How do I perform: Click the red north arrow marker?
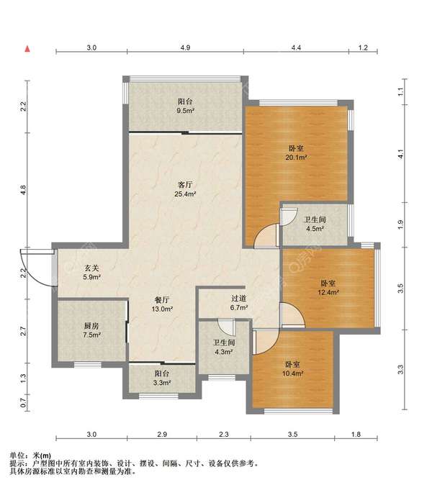(27, 49)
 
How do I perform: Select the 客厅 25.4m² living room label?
(185, 189)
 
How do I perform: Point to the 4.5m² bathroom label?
(315, 224)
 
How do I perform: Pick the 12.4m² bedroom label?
(328, 288)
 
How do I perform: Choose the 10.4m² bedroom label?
(292, 369)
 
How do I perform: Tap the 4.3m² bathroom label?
(224, 348)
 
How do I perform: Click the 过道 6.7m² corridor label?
(239, 303)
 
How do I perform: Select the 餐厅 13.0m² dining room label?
(162, 304)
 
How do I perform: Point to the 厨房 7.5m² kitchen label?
(91, 331)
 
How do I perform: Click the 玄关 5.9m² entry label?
(91, 273)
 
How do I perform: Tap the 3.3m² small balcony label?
(162, 378)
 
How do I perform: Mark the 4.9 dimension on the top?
(185, 47)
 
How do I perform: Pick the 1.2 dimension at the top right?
(363, 47)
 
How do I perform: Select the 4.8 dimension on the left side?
(23, 190)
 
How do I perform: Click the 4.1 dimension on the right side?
(401, 154)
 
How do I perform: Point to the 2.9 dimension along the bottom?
(162, 435)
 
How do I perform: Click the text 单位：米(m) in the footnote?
(30, 456)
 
